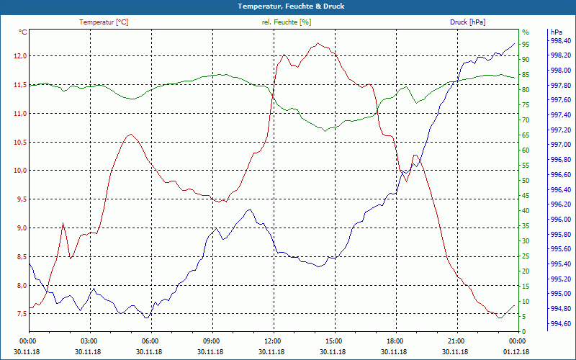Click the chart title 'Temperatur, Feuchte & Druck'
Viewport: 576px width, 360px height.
click(288, 6)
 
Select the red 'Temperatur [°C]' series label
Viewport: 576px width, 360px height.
click(104, 22)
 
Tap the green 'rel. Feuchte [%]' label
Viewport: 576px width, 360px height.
click(287, 22)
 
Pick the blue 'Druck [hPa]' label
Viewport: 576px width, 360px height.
click(467, 22)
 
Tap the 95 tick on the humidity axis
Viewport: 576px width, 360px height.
click(526, 44)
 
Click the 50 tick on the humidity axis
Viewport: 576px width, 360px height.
click(526, 180)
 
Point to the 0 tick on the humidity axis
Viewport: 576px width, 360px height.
click(523, 331)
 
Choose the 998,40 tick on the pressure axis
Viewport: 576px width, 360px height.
click(561, 41)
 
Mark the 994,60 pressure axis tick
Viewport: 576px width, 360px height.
click(561, 324)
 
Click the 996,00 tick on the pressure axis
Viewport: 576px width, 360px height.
click(561, 220)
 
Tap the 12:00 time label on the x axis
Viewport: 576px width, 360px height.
click(272, 341)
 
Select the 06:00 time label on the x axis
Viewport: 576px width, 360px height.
click(150, 341)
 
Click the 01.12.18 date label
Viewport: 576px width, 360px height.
click(516, 351)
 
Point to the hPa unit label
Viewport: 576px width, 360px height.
click(556, 32)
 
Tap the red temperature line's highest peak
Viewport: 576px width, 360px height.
click(318, 43)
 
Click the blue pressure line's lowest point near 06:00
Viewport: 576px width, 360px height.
click(146, 318)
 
